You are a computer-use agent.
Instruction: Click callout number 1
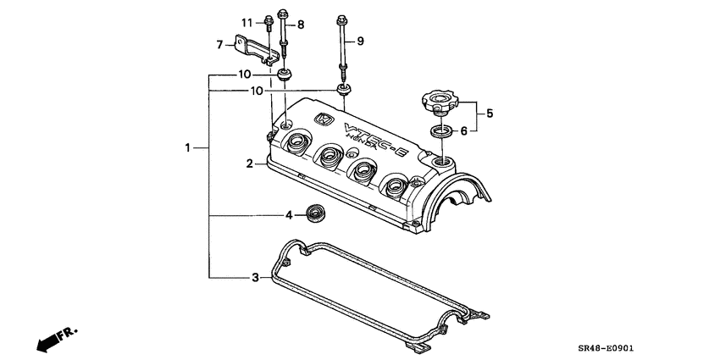pyautogui.click(x=188, y=148)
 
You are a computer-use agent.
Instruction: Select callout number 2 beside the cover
pyautogui.click(x=250, y=163)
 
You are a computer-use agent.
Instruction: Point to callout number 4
pyautogui.click(x=289, y=215)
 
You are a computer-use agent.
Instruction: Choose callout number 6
pyautogui.click(x=463, y=131)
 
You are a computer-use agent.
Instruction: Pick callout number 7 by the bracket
pyautogui.click(x=219, y=44)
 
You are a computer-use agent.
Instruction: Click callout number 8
pyautogui.click(x=300, y=25)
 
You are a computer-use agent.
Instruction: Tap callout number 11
pyautogui.click(x=246, y=21)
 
